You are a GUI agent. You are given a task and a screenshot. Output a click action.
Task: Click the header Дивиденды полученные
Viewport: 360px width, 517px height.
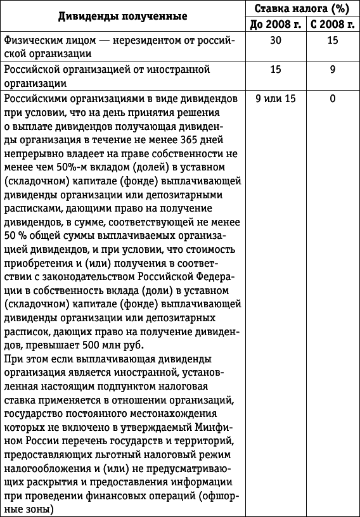123,15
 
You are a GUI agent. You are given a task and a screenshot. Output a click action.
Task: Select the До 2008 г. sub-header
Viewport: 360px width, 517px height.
275,24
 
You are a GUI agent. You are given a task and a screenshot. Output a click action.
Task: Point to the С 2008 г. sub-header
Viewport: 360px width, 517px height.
332,24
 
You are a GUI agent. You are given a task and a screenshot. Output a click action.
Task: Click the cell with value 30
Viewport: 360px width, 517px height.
275,40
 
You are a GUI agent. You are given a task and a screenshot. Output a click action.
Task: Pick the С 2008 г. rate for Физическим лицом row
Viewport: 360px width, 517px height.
332,40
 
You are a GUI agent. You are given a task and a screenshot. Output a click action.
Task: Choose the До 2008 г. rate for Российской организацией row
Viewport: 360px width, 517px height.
275,69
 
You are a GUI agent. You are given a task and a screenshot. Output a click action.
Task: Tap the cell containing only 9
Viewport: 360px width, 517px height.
332,69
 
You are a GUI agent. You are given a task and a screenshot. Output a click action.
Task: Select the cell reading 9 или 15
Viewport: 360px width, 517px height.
275,98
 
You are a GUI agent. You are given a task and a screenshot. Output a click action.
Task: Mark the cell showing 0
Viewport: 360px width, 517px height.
332,98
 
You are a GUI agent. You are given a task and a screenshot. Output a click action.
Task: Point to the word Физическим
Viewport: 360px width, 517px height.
32,40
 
